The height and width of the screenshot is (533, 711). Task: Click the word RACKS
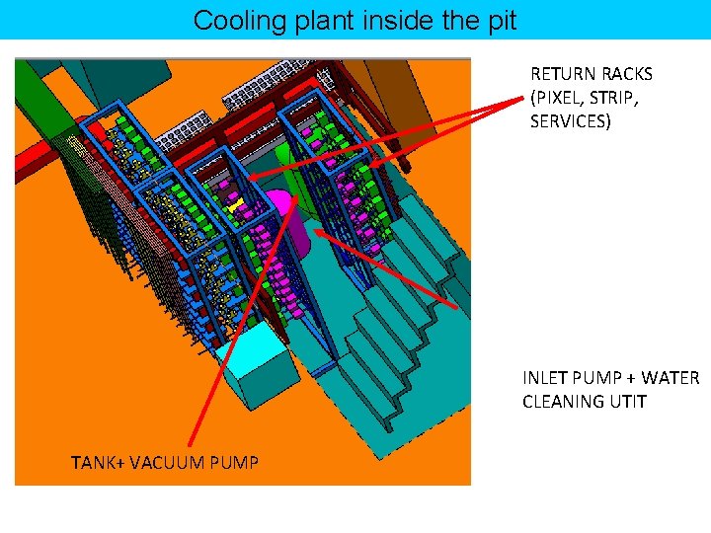(625, 74)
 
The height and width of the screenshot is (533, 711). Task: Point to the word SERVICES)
(571, 121)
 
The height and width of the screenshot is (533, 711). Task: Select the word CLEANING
(565, 402)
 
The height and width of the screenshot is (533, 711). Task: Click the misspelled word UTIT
(629, 402)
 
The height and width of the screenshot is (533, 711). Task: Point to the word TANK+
(99, 461)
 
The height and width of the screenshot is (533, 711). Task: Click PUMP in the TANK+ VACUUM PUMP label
(237, 461)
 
